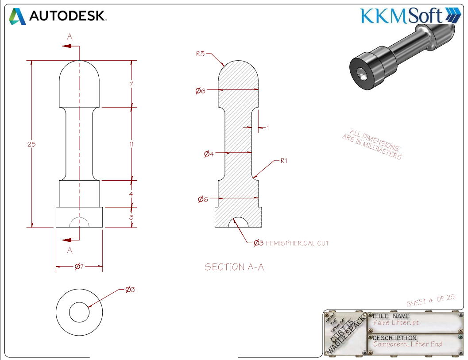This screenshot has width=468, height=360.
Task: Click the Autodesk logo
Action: coord(58,16)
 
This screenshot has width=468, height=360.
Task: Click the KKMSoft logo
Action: coord(411,16)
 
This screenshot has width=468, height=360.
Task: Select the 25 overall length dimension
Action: coord(31,144)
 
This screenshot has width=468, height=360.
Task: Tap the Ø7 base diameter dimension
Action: coord(79,266)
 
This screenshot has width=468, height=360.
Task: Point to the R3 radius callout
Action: coord(200,54)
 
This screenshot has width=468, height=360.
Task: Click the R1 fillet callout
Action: coord(283,161)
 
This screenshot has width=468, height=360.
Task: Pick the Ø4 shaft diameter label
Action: coord(209,154)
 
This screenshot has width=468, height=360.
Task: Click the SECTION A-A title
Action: coord(234,267)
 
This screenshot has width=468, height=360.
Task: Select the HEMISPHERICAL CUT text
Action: coord(297,243)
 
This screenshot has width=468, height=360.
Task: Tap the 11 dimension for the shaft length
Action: coord(132,144)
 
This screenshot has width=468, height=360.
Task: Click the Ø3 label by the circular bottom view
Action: coord(130,289)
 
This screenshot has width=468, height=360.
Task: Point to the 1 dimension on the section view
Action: coord(268,128)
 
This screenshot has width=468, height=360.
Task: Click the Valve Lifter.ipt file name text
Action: coord(396,323)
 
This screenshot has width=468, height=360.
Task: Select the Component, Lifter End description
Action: coord(407,344)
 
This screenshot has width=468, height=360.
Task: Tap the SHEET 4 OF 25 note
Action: coord(431,300)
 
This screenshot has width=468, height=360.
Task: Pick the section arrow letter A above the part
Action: coord(70,37)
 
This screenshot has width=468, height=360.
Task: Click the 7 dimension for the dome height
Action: coord(132,84)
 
